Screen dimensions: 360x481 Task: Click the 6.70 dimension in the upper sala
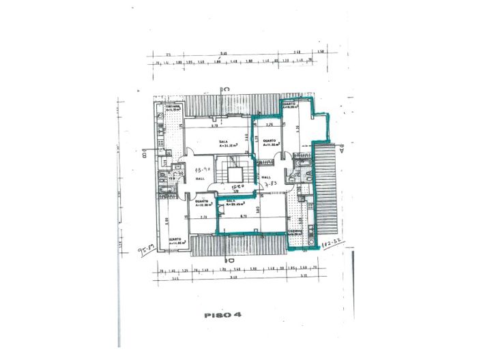pyautogui.click(x=214, y=125)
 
